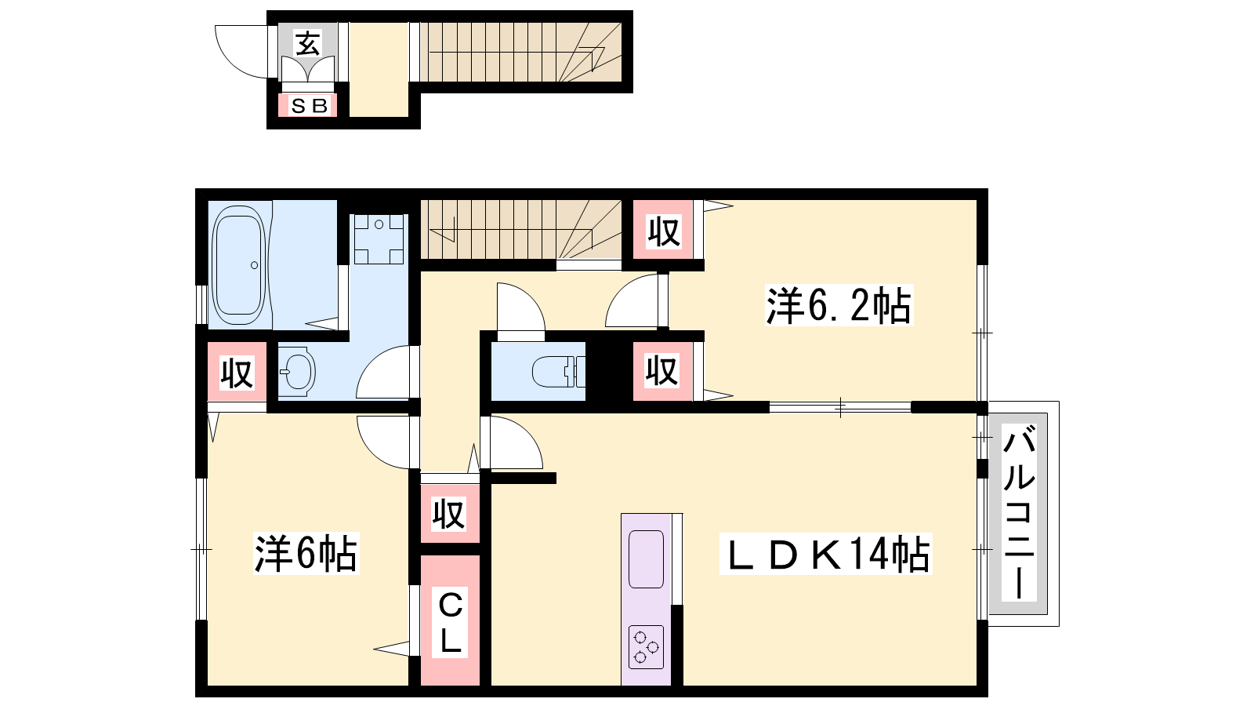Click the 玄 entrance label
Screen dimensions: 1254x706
(x=308, y=44)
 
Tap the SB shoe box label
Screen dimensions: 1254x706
(x=309, y=105)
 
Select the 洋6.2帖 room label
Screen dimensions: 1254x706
(x=839, y=305)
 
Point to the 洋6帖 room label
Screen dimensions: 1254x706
(x=306, y=554)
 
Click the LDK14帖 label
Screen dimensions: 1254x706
(x=826, y=554)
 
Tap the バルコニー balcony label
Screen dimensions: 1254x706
(x=1018, y=513)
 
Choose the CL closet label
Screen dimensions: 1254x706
(x=450, y=623)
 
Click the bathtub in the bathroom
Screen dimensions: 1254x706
(x=239, y=265)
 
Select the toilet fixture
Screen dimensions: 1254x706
(x=558, y=372)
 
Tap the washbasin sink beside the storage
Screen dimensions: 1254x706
(x=297, y=372)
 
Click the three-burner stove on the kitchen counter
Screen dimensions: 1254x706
(x=646, y=647)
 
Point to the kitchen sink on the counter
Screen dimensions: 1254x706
(x=646, y=559)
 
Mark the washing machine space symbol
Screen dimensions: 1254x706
(x=379, y=238)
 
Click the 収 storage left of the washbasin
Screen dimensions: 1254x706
(x=237, y=372)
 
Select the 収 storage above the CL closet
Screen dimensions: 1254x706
(x=449, y=513)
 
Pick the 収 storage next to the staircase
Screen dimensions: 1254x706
(x=663, y=231)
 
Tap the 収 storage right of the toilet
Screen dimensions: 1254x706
(x=662, y=369)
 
